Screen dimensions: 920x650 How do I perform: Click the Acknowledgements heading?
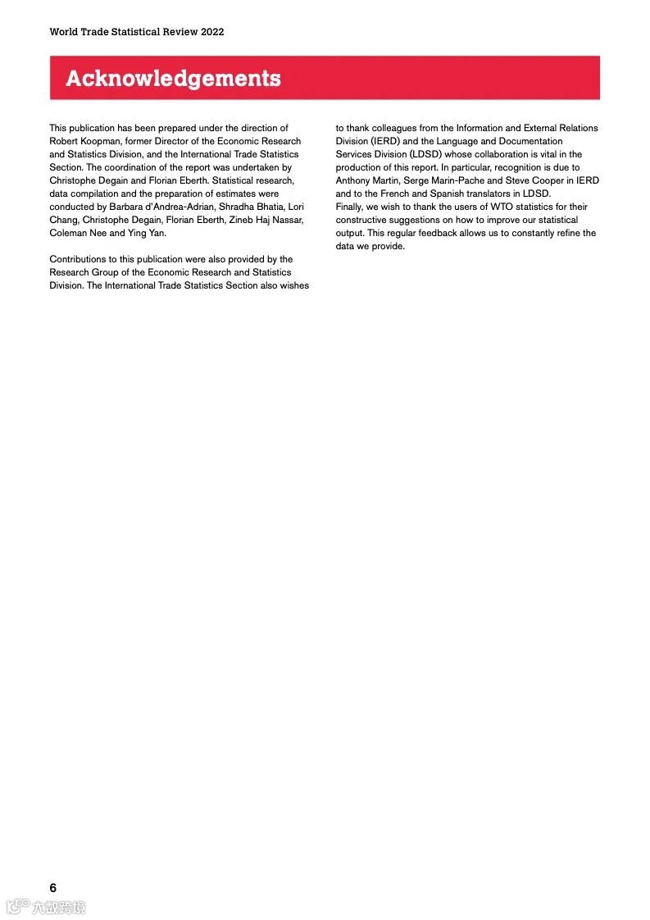(x=173, y=79)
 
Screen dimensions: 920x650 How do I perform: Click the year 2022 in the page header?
(x=211, y=32)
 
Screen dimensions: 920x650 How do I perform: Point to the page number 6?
(x=53, y=888)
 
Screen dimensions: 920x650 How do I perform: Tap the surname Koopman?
(x=102, y=141)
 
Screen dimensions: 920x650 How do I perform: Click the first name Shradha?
(x=235, y=207)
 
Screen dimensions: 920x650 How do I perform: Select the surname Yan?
(x=158, y=233)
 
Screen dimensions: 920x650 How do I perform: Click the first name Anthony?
(x=353, y=180)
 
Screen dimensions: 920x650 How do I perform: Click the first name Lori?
(x=296, y=207)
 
